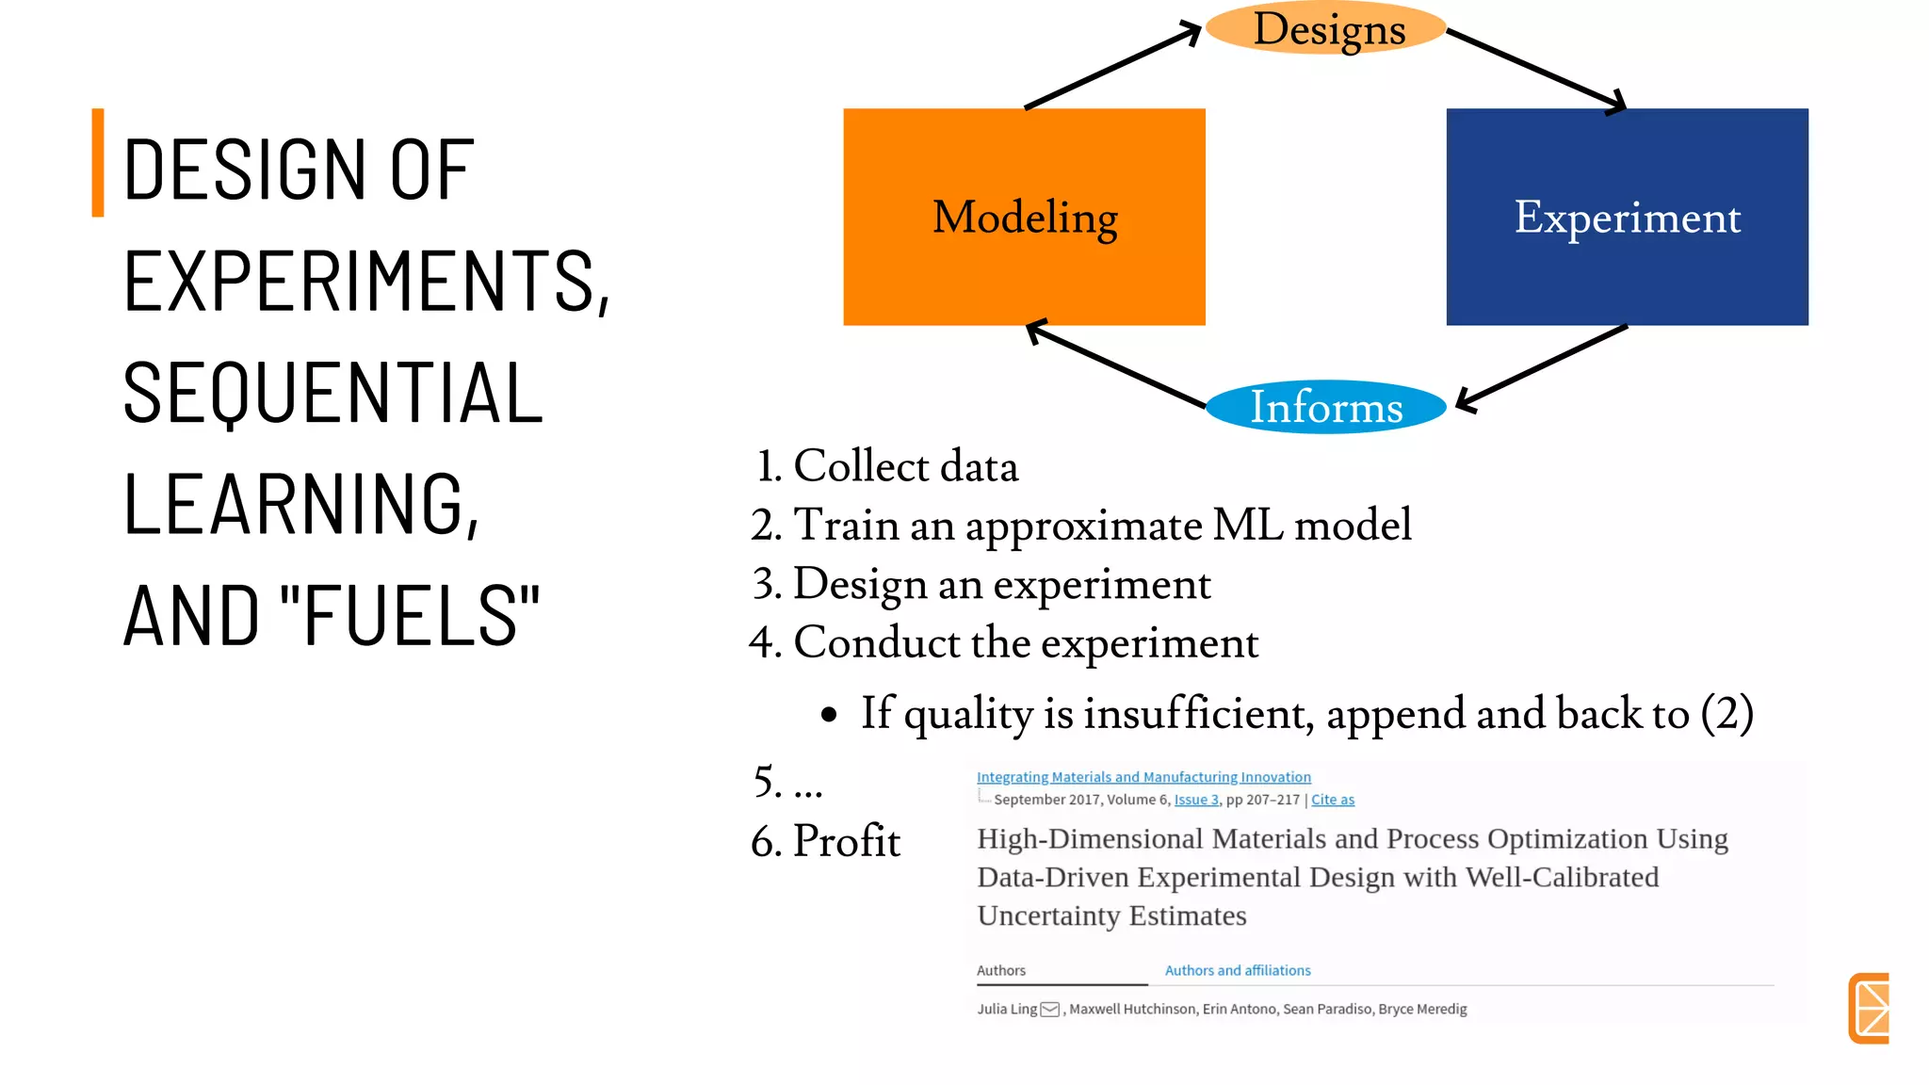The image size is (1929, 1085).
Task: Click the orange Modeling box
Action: click(1024, 217)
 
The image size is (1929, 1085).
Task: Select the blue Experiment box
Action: click(1627, 217)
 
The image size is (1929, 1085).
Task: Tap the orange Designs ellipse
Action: click(1326, 28)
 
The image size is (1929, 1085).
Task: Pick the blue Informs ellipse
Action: click(1325, 407)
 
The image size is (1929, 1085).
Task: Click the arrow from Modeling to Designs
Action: click(1111, 68)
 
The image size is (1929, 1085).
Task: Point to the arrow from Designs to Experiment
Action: click(1535, 70)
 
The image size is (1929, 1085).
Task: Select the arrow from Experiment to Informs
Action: click(1543, 366)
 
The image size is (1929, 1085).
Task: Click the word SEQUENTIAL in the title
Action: click(333, 393)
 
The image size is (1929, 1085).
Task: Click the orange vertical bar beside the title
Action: click(98, 163)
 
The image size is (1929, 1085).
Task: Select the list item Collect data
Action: click(904, 466)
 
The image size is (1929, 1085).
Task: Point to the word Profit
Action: click(846, 841)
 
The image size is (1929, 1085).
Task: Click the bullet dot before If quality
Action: click(829, 715)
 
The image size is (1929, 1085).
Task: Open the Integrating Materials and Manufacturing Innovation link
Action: click(1143, 777)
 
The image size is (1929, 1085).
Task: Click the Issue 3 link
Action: click(1196, 800)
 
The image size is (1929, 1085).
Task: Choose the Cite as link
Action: click(1333, 800)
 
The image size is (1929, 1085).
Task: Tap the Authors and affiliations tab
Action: click(1238, 970)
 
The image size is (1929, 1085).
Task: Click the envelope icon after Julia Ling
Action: click(1050, 1010)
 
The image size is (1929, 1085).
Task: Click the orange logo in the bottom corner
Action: click(1870, 1008)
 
